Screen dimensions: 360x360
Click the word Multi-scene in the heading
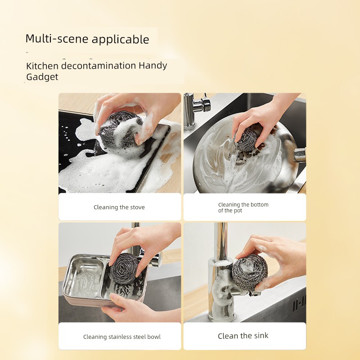(57, 39)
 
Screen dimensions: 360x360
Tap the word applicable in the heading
(121, 40)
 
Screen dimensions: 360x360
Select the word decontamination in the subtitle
(99, 66)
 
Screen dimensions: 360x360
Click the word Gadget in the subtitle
(42, 76)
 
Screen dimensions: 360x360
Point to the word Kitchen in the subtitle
(42, 66)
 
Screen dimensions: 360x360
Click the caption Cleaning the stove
(119, 207)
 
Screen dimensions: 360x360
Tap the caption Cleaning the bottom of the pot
(243, 207)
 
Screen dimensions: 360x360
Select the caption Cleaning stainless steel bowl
(122, 337)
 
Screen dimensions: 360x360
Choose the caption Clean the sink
(243, 336)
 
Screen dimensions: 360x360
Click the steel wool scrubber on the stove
(119, 130)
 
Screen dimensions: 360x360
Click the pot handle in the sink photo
(300, 155)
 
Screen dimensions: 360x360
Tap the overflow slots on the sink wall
(299, 303)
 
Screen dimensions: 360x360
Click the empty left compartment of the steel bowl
(83, 278)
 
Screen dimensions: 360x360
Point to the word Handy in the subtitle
(153, 66)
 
